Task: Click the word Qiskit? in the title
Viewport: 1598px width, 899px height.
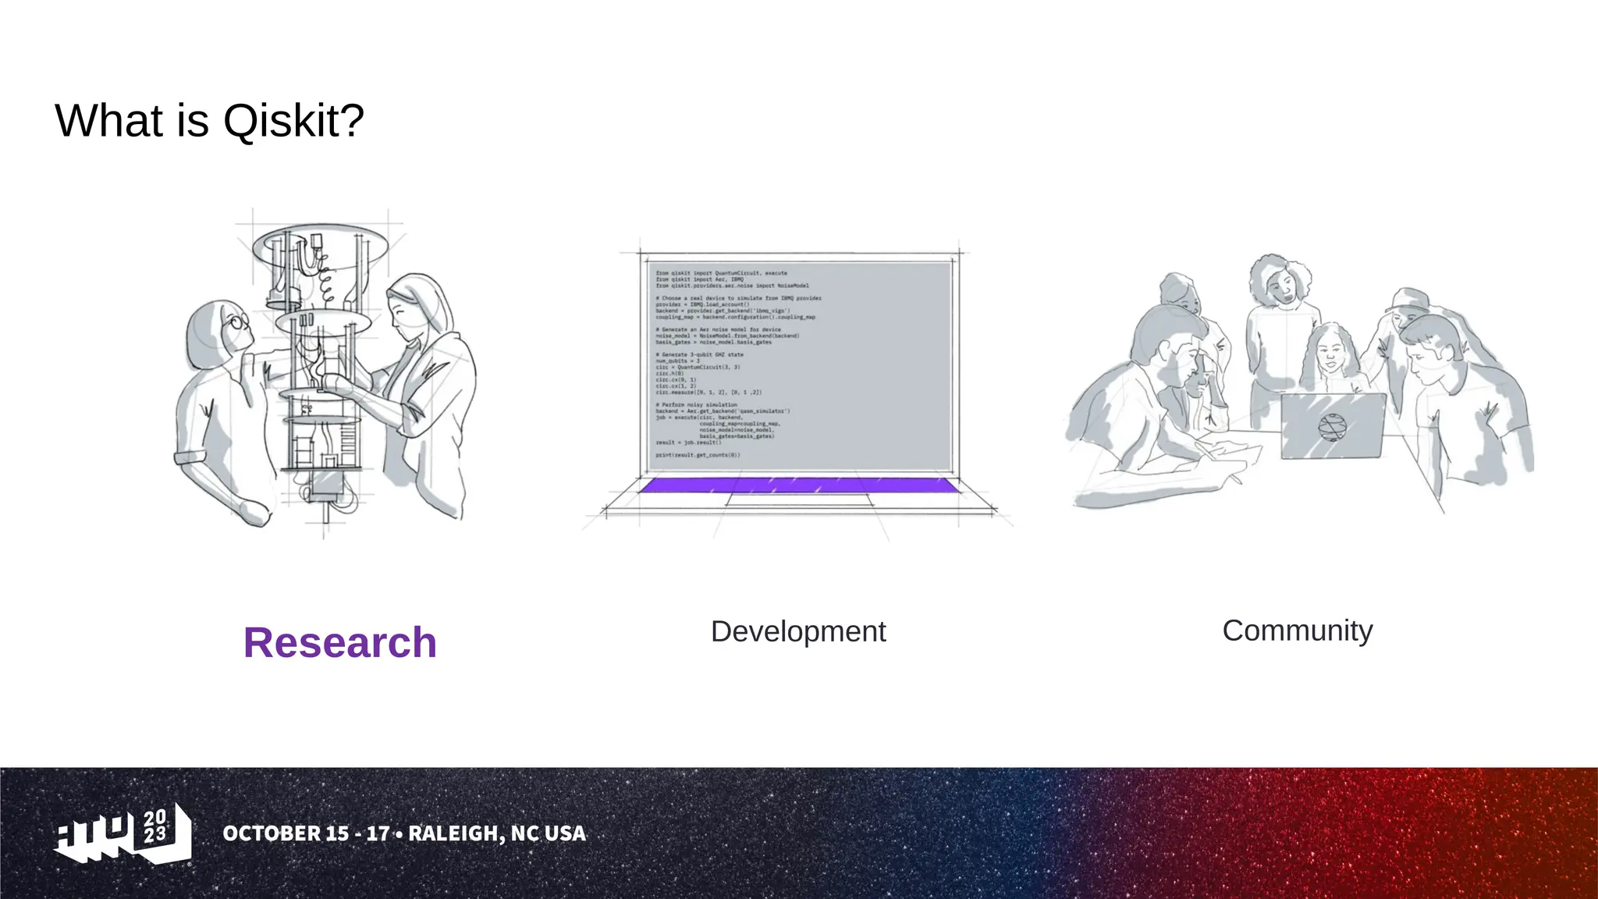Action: click(293, 122)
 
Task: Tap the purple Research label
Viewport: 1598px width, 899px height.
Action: click(339, 643)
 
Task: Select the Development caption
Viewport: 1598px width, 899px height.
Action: click(797, 631)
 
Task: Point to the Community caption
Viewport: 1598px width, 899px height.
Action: click(1297, 631)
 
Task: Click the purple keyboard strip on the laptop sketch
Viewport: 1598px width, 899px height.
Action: click(797, 485)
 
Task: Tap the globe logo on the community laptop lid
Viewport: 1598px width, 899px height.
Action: click(1332, 427)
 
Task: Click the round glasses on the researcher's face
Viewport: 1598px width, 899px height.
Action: click(237, 321)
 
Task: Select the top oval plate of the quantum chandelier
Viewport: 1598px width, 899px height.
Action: click(320, 244)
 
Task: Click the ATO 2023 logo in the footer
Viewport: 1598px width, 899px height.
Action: click(123, 833)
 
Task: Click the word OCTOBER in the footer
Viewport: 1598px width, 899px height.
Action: click(271, 833)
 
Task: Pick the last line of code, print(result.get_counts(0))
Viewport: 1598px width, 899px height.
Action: click(698, 455)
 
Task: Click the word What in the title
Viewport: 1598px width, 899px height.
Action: click(109, 122)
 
